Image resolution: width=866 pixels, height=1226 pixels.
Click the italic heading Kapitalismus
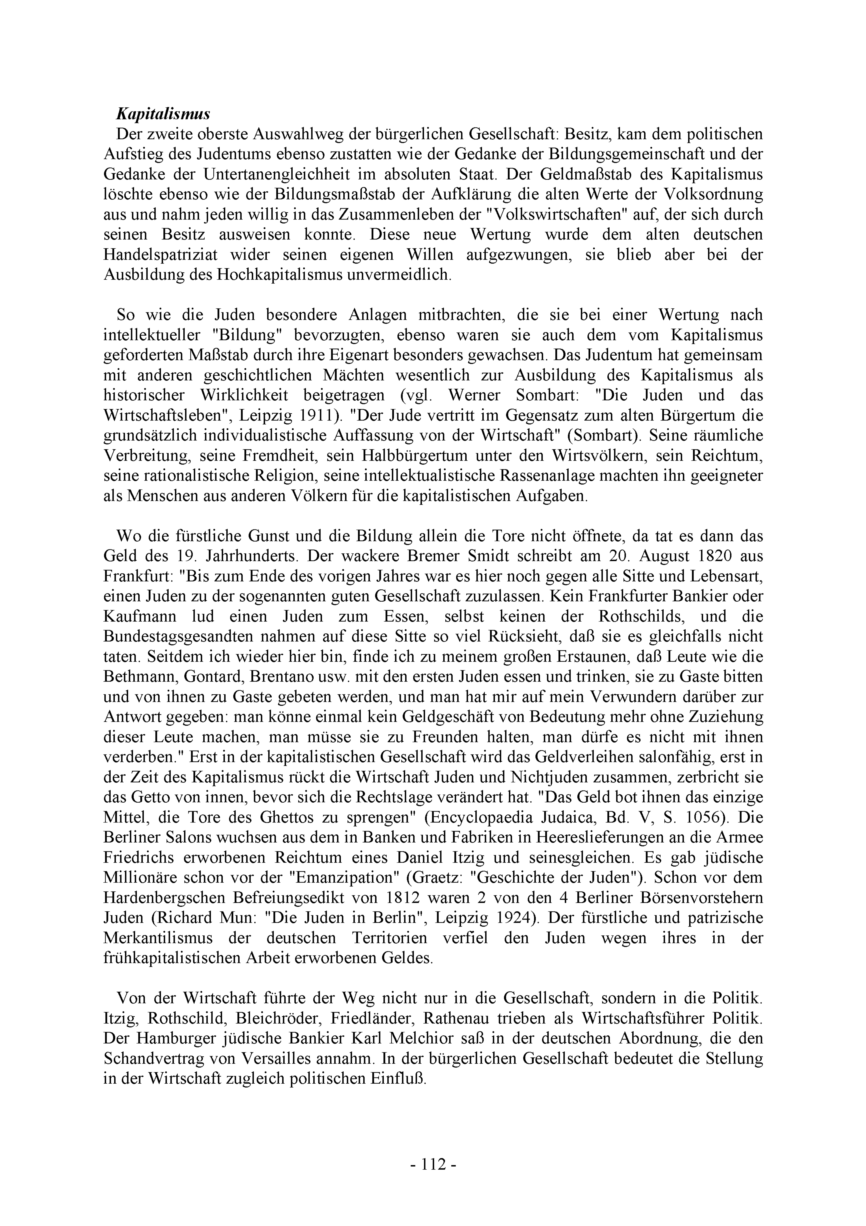163,114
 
